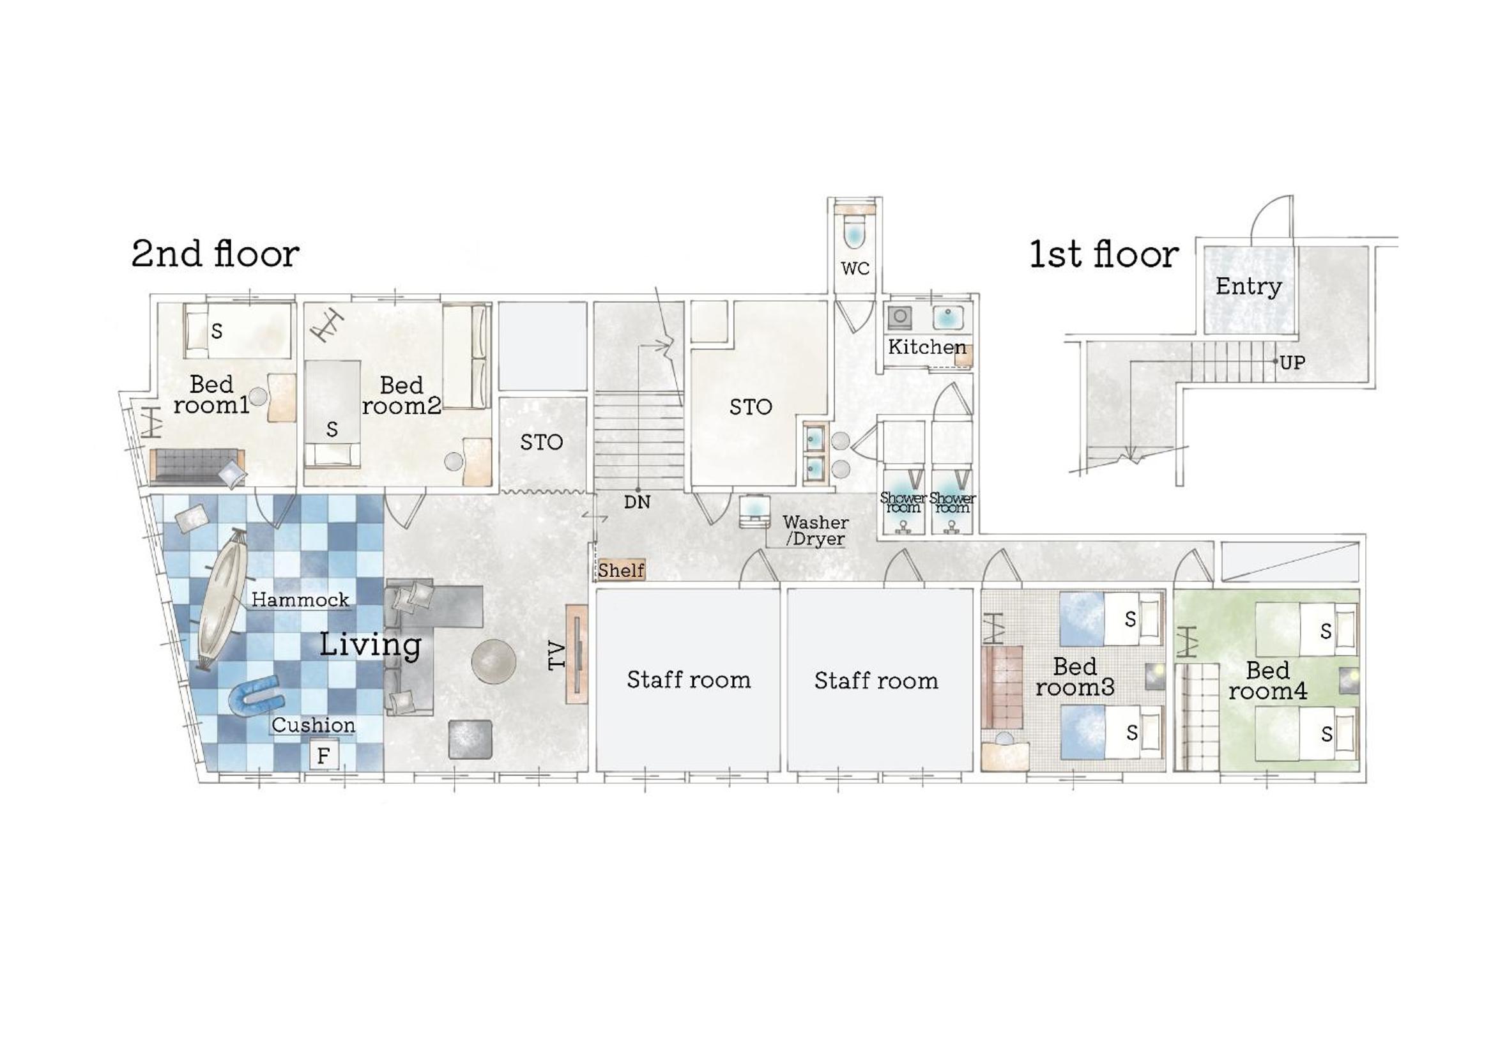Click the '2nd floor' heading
point(215,254)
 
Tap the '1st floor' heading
point(1103,254)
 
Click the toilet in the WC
point(853,231)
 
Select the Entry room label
point(1248,287)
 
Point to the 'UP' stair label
point(1292,362)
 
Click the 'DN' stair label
point(637,502)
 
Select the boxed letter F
point(323,756)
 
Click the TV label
point(556,655)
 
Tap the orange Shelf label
point(621,570)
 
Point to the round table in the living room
point(493,661)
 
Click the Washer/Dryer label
point(815,531)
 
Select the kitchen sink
point(948,316)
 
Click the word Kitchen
point(926,347)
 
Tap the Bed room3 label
point(1075,677)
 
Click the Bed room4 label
point(1267,680)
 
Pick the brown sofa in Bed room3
point(1002,687)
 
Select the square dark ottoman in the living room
point(470,739)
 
